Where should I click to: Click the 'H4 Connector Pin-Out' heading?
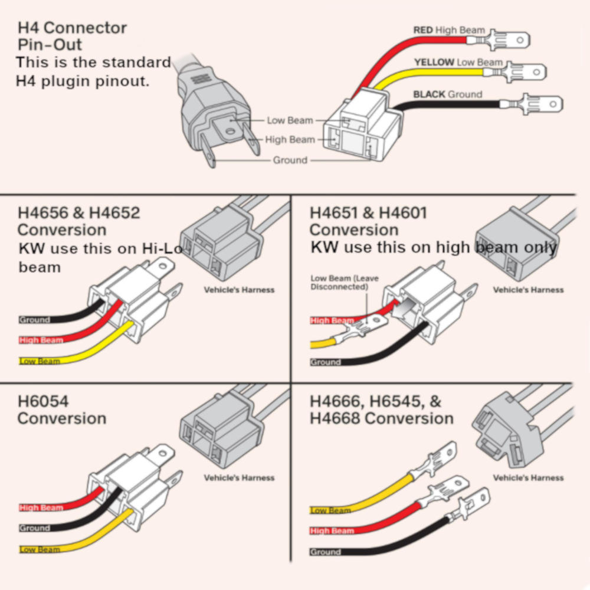72,36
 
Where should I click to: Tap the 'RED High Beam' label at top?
449,30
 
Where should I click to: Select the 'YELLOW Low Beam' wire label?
458,62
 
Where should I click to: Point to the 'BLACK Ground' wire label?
447,94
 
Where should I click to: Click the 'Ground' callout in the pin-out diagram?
290,160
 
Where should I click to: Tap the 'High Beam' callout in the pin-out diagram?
290,140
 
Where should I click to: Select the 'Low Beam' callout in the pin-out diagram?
290,120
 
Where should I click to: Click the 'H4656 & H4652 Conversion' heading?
78,221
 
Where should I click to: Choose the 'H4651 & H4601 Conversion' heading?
368,221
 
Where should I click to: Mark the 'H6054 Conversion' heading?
61,410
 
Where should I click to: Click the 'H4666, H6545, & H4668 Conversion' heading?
381,410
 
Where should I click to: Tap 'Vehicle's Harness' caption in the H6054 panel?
239,478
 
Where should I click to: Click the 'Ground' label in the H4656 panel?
34,320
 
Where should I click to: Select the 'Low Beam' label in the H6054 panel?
40,550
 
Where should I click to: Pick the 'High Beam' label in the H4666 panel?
332,531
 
